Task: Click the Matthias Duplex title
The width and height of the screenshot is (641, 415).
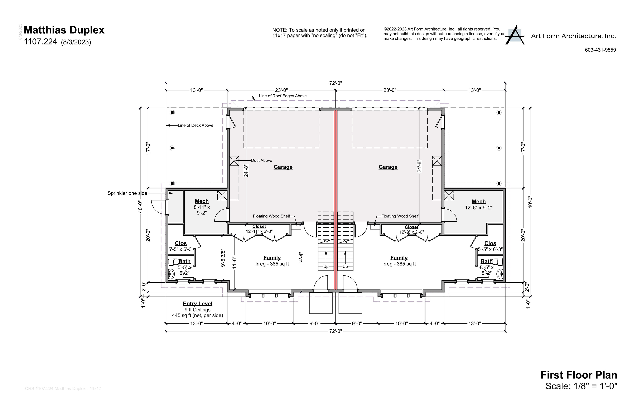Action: [64, 30]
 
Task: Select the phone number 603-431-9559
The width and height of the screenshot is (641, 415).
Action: [600, 50]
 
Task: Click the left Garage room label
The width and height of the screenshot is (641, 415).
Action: [283, 167]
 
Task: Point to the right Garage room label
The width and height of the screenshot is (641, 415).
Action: [388, 167]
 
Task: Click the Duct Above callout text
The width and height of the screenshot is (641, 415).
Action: [261, 160]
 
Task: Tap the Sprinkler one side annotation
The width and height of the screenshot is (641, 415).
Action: [127, 193]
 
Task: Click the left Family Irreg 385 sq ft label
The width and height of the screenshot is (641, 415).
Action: [272, 261]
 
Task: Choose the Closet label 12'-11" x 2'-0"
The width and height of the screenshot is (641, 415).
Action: [259, 229]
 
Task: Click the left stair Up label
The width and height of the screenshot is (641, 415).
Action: [326, 267]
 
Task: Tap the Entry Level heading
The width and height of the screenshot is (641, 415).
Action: [197, 304]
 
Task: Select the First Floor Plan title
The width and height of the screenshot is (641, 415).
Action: [579, 375]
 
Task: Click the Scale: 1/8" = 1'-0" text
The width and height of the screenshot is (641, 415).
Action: [581, 386]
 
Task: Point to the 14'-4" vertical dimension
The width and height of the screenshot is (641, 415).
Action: [301, 258]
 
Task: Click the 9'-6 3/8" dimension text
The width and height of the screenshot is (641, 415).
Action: [223, 258]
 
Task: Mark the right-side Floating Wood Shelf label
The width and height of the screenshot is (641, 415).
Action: [400, 216]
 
